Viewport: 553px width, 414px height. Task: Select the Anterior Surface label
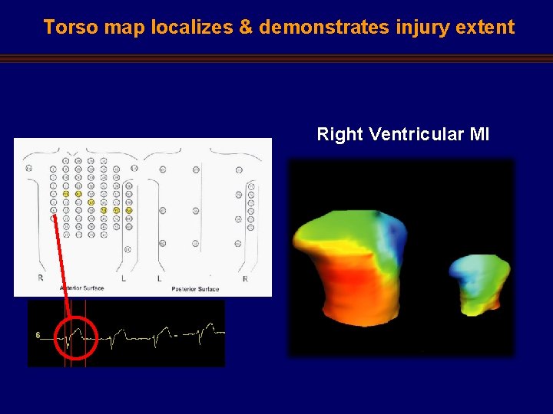[82, 288]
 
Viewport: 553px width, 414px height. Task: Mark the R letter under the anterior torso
[41, 278]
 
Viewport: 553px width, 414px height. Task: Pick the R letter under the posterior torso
[245, 278]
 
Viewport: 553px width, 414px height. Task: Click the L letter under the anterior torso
[124, 278]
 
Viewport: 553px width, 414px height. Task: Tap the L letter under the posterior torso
[160, 278]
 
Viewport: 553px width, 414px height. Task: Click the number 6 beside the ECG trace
[38, 335]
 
